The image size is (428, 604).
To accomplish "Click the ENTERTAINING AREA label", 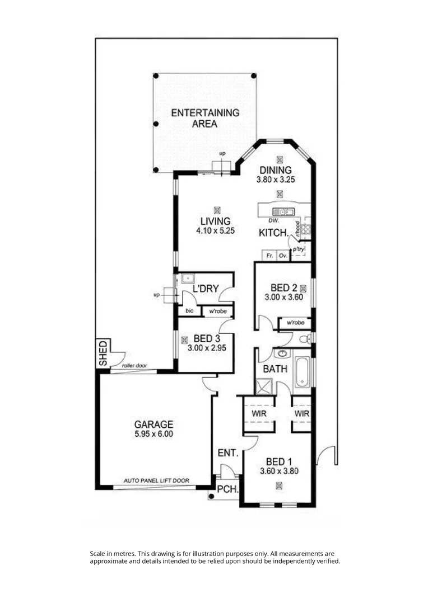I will pos(205,118).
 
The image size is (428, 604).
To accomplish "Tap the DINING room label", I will pos(275,170).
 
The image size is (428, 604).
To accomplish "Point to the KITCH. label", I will pos(273,233).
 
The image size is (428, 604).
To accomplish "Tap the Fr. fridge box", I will pos(269,256).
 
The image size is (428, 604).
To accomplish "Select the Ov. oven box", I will pos(283,256).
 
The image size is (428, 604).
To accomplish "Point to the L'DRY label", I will pos(204,289).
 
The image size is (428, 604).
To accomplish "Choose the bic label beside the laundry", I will pos(189,311).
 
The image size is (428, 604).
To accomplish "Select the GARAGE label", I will pos(153,424).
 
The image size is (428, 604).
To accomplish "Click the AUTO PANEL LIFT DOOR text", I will pos(156,480).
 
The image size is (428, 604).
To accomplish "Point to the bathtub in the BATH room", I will pos(302,371).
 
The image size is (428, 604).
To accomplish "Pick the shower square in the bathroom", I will pos(263,386).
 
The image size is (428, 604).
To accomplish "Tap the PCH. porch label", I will pos(227,489).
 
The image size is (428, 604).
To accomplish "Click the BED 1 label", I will pos(278,461).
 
